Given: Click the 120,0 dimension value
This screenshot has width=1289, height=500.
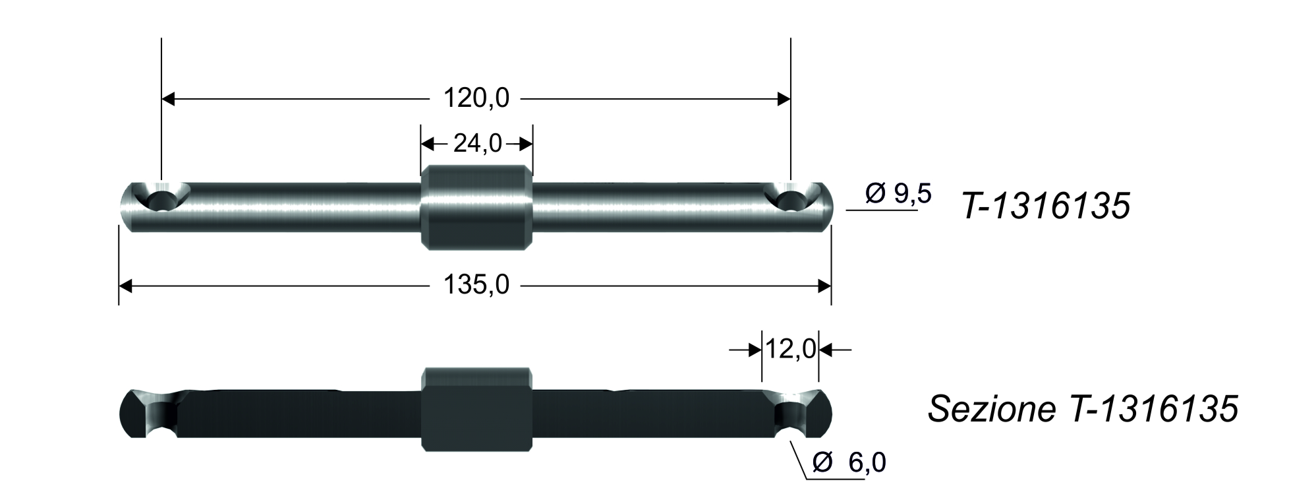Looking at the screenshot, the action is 476,99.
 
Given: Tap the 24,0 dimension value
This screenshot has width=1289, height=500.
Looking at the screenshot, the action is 477,143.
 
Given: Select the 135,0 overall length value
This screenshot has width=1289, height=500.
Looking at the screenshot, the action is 476,286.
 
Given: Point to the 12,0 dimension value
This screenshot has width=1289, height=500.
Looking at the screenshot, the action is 790,350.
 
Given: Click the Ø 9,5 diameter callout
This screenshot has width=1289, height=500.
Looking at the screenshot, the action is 898,195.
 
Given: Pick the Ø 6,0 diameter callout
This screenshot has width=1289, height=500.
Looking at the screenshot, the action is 849,463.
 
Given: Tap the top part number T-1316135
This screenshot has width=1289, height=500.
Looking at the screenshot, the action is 1046,207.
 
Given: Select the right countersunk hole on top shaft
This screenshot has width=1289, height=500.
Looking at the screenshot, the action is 792,197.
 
